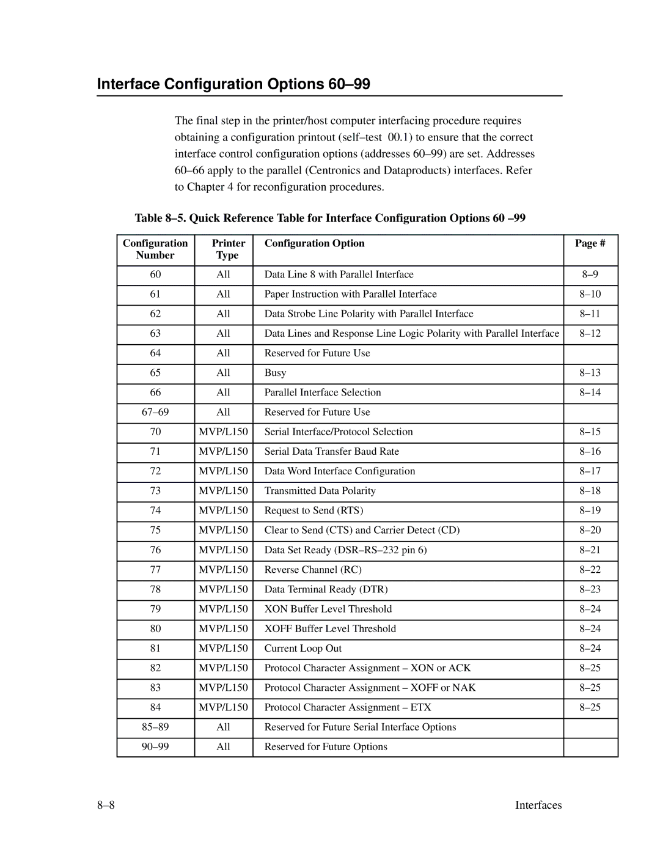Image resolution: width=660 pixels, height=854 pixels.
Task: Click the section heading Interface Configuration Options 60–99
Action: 233,84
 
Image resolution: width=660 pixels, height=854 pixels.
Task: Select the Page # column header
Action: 590,243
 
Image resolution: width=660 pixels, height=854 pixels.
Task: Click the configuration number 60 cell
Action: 155,274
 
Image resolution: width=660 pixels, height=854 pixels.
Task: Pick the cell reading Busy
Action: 275,373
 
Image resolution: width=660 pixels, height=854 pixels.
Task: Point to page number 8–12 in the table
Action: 590,333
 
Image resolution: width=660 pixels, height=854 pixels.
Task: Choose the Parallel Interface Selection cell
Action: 323,392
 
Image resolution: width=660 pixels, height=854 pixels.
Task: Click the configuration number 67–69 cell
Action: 155,412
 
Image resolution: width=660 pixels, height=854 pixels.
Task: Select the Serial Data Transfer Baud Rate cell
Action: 331,451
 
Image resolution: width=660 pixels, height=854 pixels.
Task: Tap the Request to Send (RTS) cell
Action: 313,510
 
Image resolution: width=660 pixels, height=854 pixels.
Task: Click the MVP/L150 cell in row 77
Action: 224,569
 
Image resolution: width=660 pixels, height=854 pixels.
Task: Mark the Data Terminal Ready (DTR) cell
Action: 326,589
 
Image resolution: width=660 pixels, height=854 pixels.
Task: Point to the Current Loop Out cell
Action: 303,648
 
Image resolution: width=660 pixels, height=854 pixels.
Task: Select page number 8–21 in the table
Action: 590,550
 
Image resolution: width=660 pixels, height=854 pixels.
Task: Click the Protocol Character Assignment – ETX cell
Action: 348,707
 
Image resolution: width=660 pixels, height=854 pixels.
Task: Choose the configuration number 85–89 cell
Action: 155,727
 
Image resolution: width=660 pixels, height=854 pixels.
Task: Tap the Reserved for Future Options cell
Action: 326,746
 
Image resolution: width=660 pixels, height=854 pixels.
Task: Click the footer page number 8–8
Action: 106,805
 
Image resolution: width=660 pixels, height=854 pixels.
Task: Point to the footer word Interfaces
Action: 538,805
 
